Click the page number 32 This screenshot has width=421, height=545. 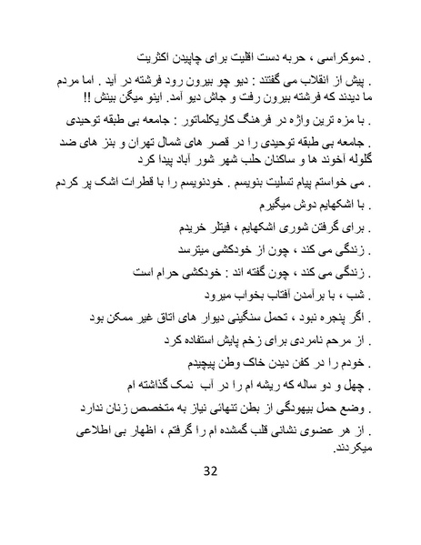211,496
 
